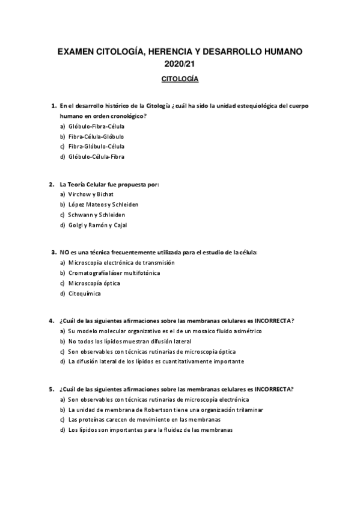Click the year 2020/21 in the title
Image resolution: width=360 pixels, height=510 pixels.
pyautogui.click(x=180, y=64)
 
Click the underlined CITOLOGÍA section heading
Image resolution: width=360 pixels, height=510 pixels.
pyautogui.click(x=180, y=79)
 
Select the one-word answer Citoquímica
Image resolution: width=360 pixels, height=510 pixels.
pyautogui.click(x=84, y=293)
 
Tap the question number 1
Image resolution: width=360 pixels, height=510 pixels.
pyautogui.click(x=53, y=106)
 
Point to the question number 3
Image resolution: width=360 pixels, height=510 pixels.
pyautogui.click(x=53, y=253)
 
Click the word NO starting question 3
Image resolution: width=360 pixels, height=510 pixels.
pyautogui.click(x=64, y=253)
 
